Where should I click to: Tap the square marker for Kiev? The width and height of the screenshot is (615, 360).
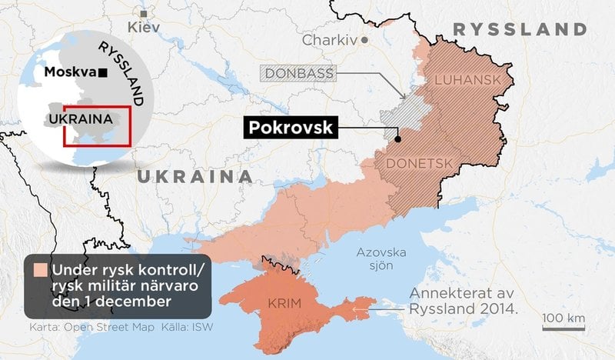coord(143,13)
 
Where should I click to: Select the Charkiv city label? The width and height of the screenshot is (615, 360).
coord(331,39)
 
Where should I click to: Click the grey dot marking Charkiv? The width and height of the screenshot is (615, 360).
coord(365,38)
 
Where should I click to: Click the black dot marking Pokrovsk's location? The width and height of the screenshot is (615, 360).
coord(397,139)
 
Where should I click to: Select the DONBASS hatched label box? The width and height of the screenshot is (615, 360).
coord(301,74)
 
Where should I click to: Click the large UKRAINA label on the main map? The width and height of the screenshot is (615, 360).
coord(195,177)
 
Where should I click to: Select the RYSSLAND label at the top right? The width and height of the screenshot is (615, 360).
coord(520,29)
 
